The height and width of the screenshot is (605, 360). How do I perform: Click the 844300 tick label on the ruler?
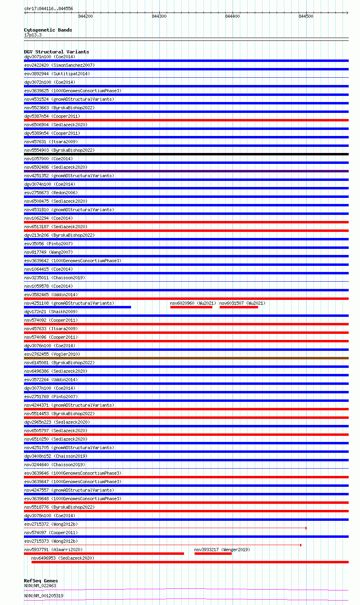coord(159,16)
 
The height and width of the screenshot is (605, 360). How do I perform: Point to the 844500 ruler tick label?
coord(306,16)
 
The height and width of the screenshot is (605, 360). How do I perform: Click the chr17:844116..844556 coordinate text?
coord(49,8)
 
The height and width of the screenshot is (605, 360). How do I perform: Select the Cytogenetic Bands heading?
coord(48,30)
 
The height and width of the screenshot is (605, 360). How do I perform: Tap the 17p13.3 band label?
coord(33,35)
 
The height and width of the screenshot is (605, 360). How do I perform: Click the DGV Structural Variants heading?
coord(56,52)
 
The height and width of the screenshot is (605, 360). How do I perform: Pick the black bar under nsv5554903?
coord(186,154)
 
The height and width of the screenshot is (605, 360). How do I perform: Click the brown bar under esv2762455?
coord(186,358)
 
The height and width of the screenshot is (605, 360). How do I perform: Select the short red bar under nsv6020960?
coord(191,307)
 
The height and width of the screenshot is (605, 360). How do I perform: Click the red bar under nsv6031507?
coord(239,307)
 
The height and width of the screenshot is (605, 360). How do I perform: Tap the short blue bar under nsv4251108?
coord(77,307)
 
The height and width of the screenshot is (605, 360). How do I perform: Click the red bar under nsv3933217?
coord(213,554)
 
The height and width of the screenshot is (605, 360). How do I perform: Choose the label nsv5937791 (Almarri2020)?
coord(53,550)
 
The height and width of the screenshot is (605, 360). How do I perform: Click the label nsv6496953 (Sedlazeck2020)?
coord(63,558)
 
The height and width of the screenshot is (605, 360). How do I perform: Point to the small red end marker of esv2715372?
coord(306,528)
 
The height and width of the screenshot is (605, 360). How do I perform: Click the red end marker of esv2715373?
coord(301,545)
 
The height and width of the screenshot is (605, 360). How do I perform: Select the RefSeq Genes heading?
coord(41,581)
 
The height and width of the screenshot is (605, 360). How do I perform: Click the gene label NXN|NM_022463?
coord(40,586)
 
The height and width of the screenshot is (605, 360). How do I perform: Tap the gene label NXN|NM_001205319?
coord(44,596)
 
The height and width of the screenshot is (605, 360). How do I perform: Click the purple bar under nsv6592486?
coord(186,171)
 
